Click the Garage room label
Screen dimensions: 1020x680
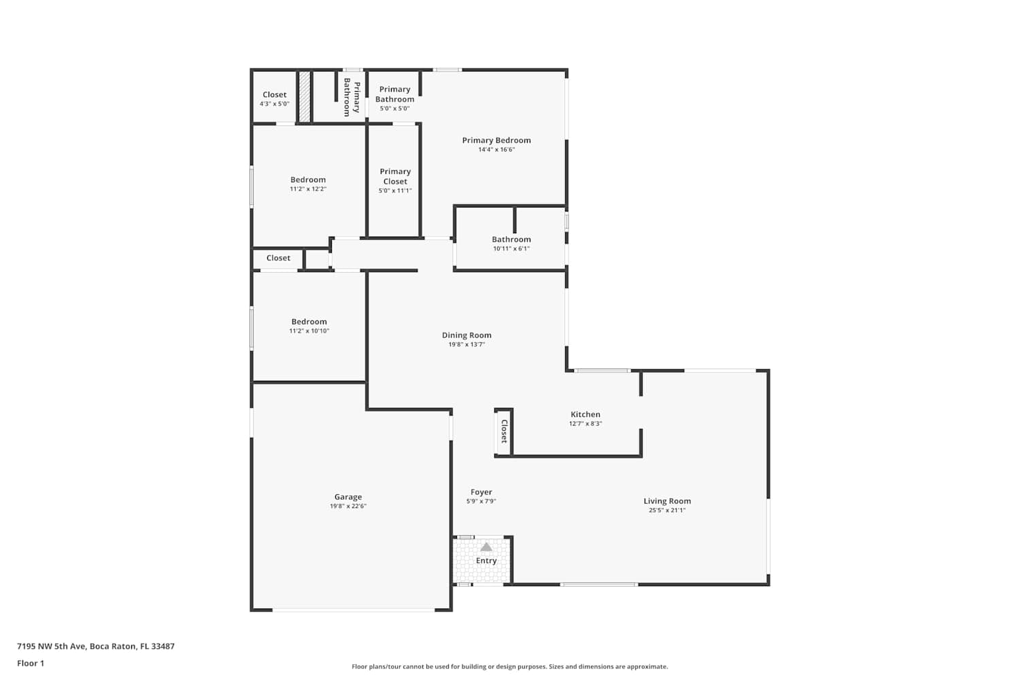(348, 497)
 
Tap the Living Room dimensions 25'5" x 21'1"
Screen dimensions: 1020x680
(667, 510)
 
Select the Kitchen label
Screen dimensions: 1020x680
(585, 415)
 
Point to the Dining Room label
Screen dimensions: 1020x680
(466, 335)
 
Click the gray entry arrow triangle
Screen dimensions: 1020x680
(486, 547)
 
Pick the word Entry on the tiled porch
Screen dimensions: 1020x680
(486, 561)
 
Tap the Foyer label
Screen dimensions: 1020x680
(481, 492)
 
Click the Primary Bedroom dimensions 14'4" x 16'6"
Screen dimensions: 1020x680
(496, 150)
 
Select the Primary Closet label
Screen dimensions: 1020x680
(395, 176)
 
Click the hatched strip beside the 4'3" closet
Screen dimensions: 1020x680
(305, 97)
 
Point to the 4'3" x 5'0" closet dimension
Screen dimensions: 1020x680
(275, 104)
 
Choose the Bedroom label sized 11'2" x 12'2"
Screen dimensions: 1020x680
(308, 180)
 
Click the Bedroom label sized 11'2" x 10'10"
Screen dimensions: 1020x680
(309, 322)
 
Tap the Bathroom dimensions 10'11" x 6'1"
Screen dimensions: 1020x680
(511, 249)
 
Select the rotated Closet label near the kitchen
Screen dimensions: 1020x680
(504, 431)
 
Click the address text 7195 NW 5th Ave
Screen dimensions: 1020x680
(52, 646)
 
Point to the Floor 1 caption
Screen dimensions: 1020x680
(31, 663)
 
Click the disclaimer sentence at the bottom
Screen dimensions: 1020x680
(509, 666)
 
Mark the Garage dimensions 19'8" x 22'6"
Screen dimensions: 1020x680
(348, 506)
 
